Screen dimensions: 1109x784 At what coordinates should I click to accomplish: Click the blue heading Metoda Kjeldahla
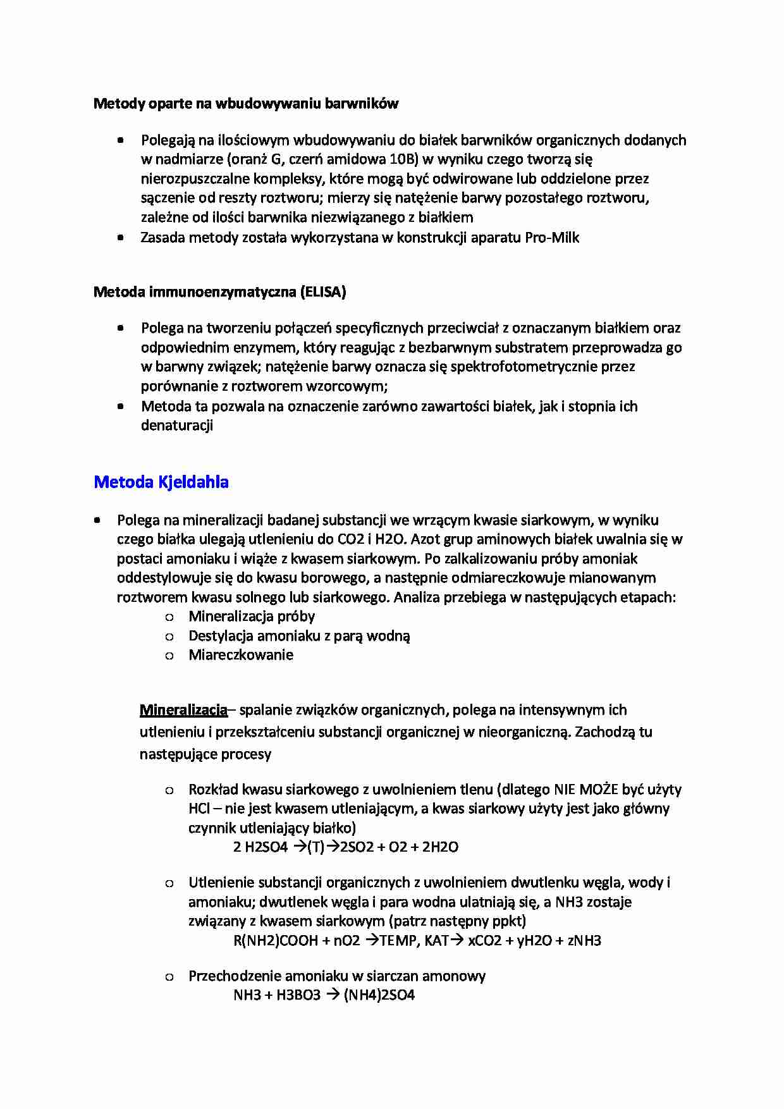tap(161, 482)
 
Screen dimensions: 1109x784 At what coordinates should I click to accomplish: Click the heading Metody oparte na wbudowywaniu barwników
tap(245, 104)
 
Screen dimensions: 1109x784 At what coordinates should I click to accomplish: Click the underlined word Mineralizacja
tap(183, 710)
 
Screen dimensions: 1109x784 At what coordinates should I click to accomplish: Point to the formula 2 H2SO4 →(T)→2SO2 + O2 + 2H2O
tap(346, 847)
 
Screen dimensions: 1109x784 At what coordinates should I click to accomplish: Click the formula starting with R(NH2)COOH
tap(417, 941)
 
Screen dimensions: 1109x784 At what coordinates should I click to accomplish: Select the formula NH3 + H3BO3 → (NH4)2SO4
tap(324, 995)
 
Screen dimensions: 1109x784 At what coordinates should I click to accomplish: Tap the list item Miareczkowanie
tap(241, 655)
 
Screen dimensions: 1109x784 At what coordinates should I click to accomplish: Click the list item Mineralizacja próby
tap(252, 616)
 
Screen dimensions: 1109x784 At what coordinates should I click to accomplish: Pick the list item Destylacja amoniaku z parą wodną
tap(299, 636)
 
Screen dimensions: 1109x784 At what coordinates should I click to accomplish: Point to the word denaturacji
tap(176, 426)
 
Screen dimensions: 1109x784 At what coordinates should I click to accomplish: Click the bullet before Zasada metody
tap(120, 238)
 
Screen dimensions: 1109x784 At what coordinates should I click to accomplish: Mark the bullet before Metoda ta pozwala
tap(120, 407)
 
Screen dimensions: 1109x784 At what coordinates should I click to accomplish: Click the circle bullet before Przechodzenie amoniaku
tap(169, 977)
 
